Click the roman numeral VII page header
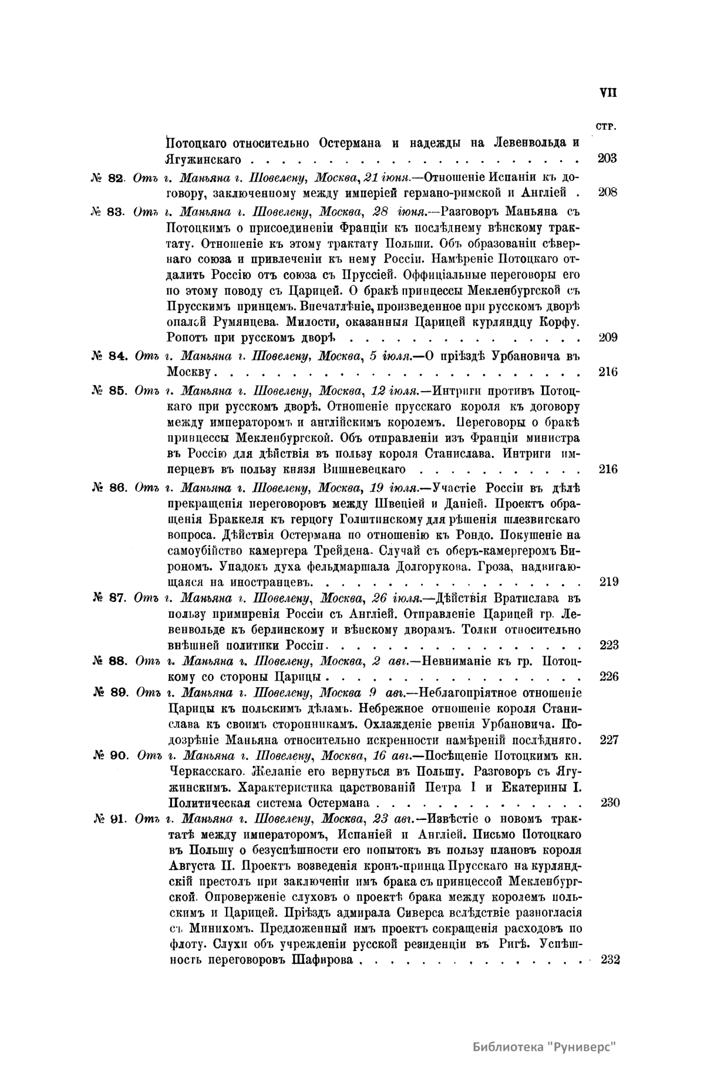click(x=608, y=93)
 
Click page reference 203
click(x=607, y=159)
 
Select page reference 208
click(x=607, y=192)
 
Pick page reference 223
click(x=609, y=645)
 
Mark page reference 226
click(x=609, y=677)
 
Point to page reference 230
click(x=610, y=803)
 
